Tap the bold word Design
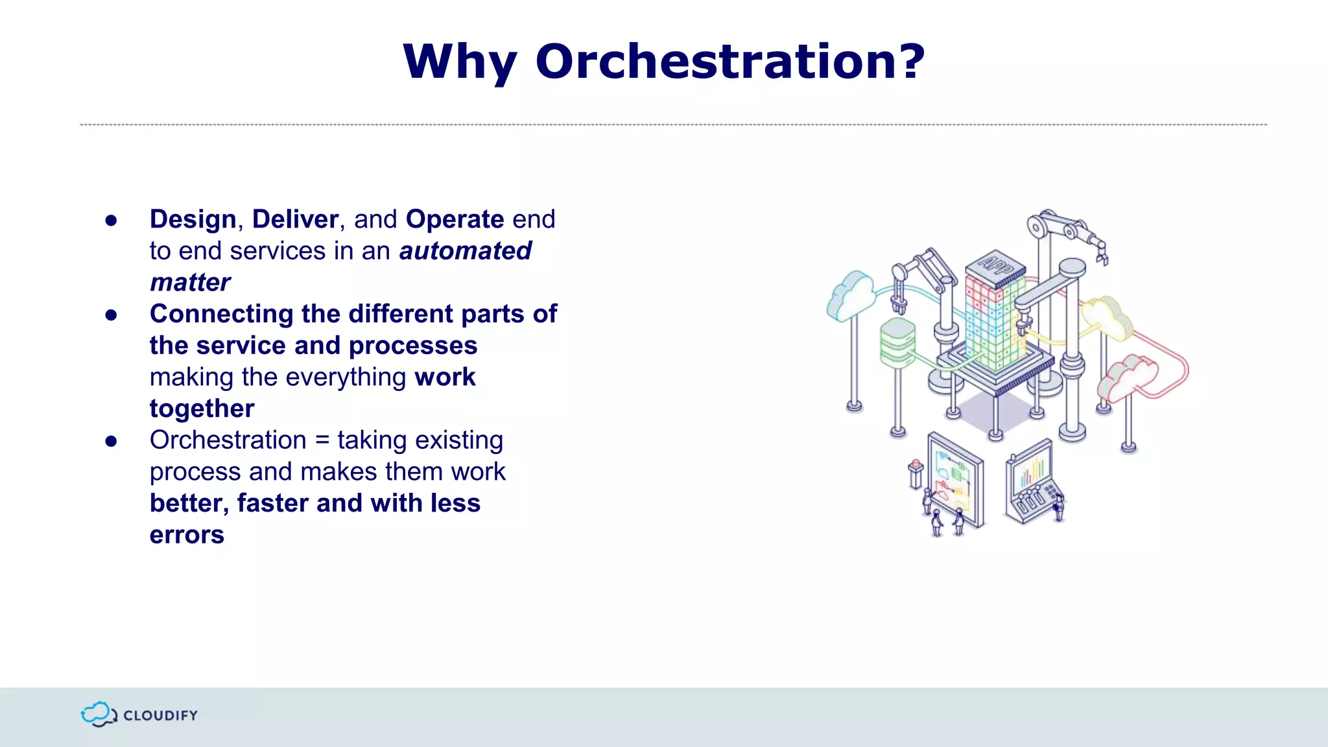[193, 219]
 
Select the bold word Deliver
[295, 219]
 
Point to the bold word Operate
[455, 219]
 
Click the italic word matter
[189, 283]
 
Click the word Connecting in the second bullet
[221, 314]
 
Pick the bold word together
[202, 409]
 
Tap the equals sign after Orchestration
[322, 440]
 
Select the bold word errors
[187, 535]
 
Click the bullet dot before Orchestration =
[111, 442]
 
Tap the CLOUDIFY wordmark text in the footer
[160, 715]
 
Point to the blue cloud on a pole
[851, 294]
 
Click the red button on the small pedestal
[916, 464]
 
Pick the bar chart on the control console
[1032, 471]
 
